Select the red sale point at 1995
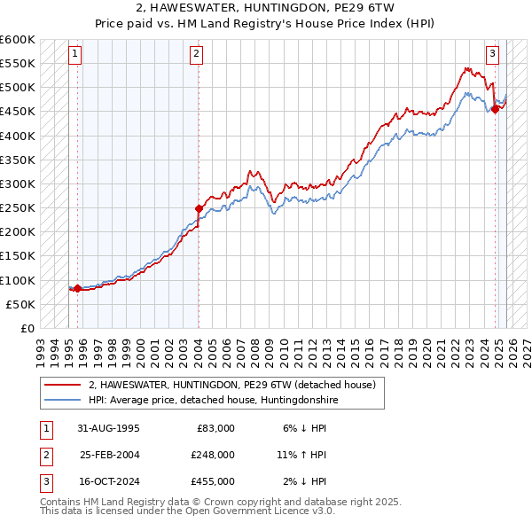click(x=77, y=288)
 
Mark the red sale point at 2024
click(x=495, y=110)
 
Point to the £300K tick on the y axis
click(x=18, y=184)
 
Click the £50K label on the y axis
click(x=20, y=304)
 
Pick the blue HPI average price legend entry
click(x=214, y=401)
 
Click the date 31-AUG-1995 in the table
click(x=109, y=428)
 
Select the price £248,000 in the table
click(x=212, y=455)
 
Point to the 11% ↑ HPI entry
click(x=301, y=455)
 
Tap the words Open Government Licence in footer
click(x=270, y=511)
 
